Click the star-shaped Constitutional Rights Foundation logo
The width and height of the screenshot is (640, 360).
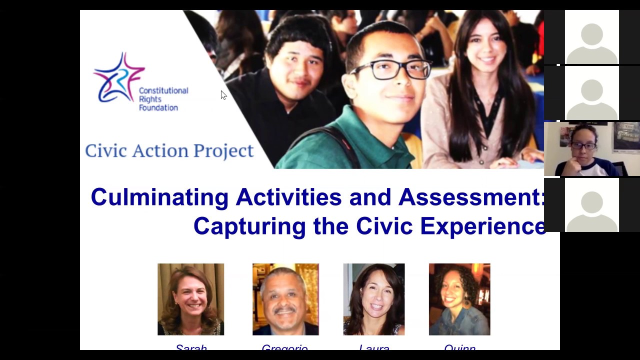click(118, 77)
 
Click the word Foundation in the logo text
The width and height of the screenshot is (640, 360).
click(158, 107)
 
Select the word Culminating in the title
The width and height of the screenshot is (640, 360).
click(159, 197)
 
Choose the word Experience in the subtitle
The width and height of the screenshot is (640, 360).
click(482, 226)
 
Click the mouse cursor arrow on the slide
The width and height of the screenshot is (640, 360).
click(223, 95)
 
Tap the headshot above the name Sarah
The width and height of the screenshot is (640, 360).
click(190, 299)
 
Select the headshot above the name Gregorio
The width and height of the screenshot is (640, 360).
click(285, 299)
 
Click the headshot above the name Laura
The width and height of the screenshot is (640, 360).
click(374, 299)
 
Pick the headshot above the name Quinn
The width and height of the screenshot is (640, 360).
click(459, 299)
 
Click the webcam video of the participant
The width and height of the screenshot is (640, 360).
click(591, 149)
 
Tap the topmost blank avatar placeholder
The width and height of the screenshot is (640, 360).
click(592, 37)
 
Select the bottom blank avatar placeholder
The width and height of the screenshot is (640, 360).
click(592, 205)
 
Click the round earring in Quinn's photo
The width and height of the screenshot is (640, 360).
click(466, 303)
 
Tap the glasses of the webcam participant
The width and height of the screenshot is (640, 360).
click(583, 146)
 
